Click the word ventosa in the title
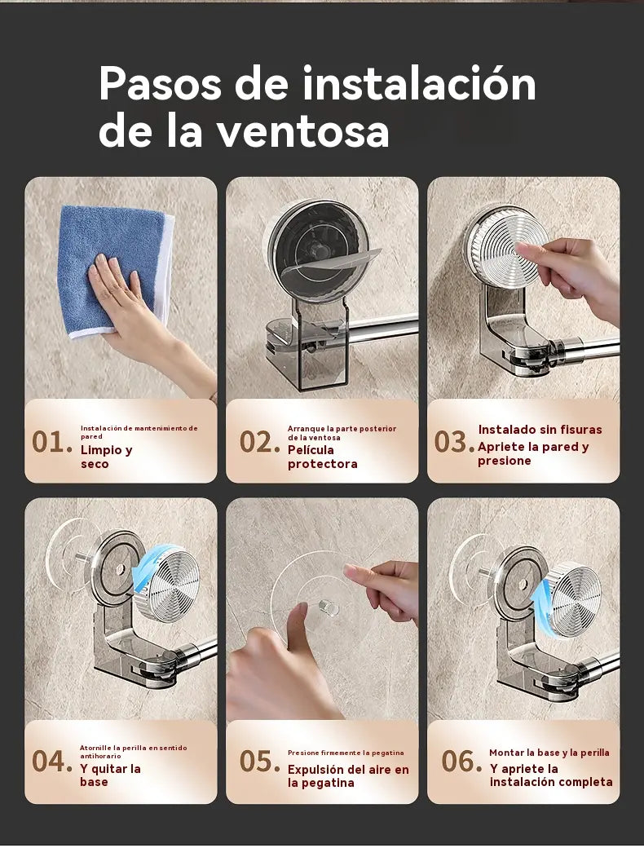pyautogui.click(x=302, y=132)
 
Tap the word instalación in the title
pyautogui.click(x=419, y=84)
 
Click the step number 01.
pyautogui.click(x=52, y=443)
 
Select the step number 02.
pyautogui.click(x=259, y=443)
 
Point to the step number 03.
pyautogui.click(x=451, y=443)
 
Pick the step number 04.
pyautogui.click(x=52, y=762)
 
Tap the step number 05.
pyautogui.click(x=259, y=762)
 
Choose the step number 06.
pyautogui.click(x=461, y=762)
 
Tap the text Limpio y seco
pyautogui.click(x=107, y=457)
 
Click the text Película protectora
pyautogui.click(x=322, y=457)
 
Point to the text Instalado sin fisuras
pyautogui.click(x=540, y=430)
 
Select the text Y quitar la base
pyautogui.click(x=110, y=775)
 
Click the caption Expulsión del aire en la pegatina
pyautogui.click(x=348, y=776)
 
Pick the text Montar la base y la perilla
pyautogui.click(x=549, y=753)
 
